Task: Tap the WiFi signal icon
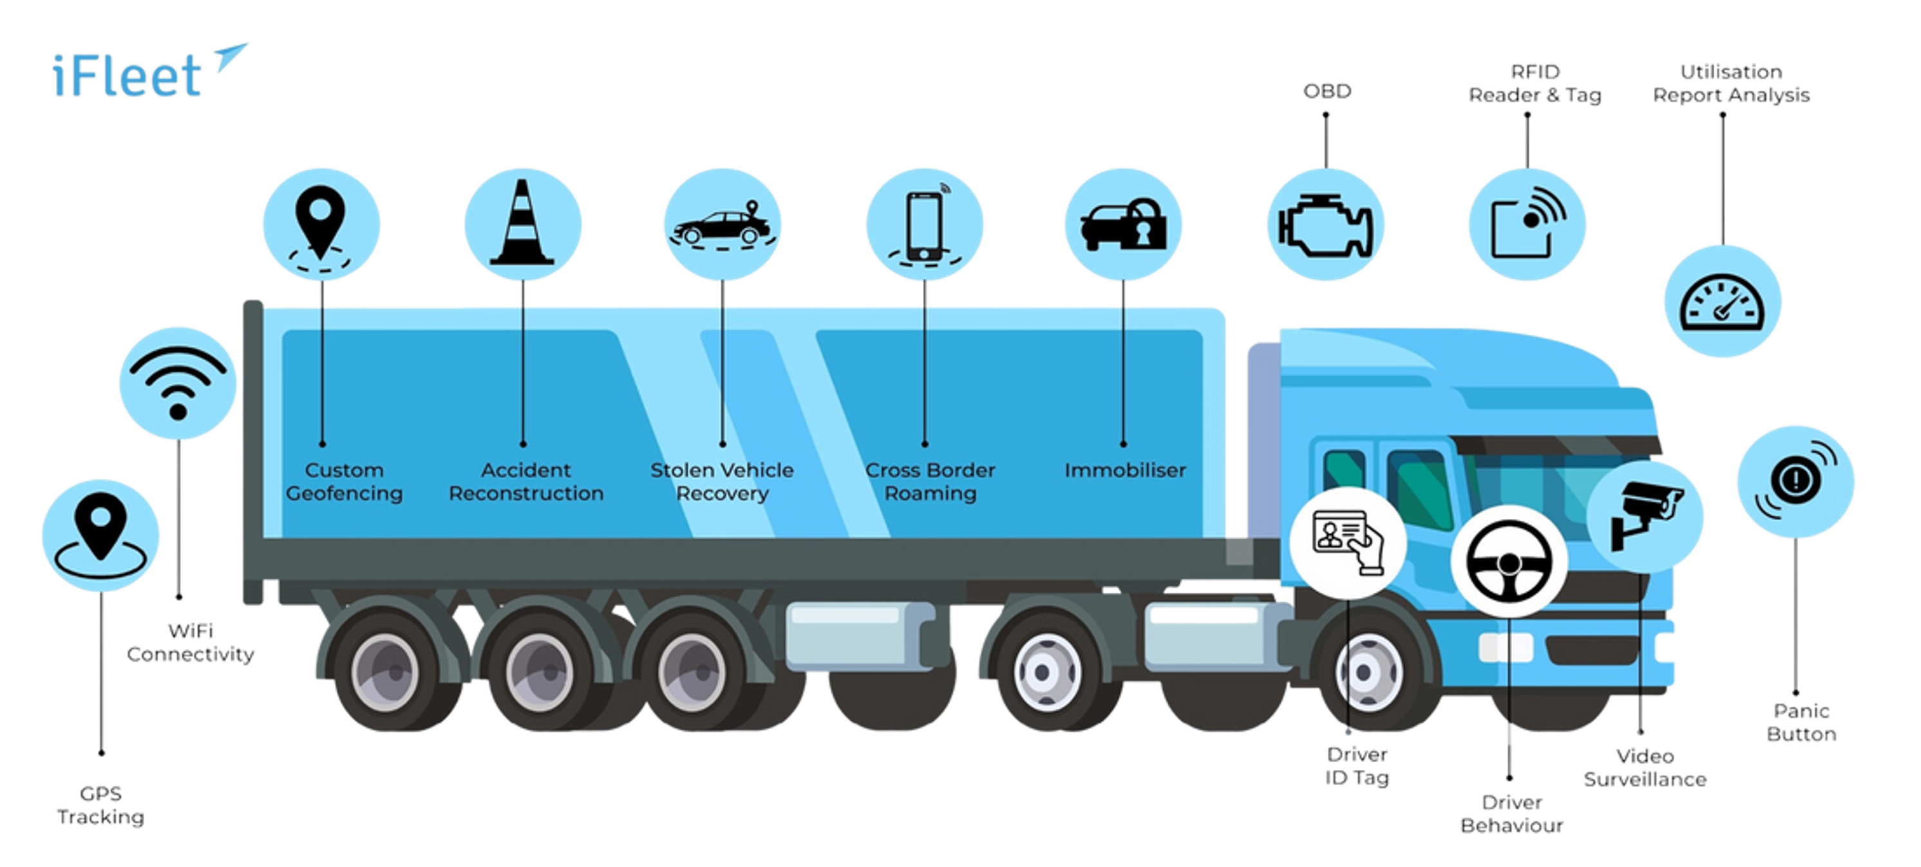tap(178, 382)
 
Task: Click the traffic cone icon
tap(522, 223)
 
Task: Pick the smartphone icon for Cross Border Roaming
tap(925, 225)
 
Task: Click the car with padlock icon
tap(1123, 225)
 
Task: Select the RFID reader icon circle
tap(1526, 225)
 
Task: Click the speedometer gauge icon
tap(1723, 302)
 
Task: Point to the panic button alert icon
tap(1795, 481)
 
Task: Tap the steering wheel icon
tap(1510, 561)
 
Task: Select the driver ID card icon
tap(1348, 542)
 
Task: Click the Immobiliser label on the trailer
tap(1124, 471)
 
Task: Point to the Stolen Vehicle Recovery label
tap(722, 481)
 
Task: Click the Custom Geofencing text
tap(344, 481)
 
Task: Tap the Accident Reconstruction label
tap(525, 481)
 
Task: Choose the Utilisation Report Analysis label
tap(1731, 84)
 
